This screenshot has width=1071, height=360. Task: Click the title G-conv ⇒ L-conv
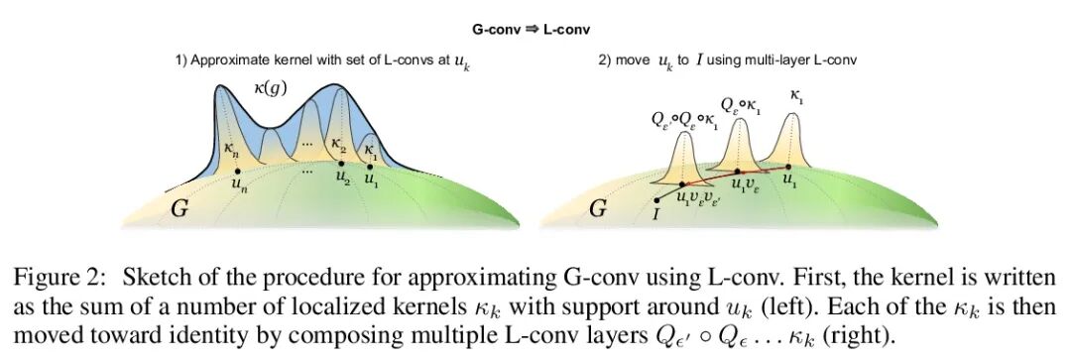coord(532,30)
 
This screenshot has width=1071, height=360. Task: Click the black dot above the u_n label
coord(236,171)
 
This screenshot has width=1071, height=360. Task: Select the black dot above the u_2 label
coord(341,164)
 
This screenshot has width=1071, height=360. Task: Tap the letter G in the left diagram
coord(178,209)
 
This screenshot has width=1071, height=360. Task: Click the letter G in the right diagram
coord(598,209)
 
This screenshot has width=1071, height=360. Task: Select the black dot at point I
coord(656,201)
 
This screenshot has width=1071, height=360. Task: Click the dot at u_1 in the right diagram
coord(788,167)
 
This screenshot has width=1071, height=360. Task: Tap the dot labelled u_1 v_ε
coord(738,173)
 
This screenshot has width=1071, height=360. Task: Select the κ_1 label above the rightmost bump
coord(796,99)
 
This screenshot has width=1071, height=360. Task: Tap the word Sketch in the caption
coord(151,278)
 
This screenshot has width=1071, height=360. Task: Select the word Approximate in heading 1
coord(223,60)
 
